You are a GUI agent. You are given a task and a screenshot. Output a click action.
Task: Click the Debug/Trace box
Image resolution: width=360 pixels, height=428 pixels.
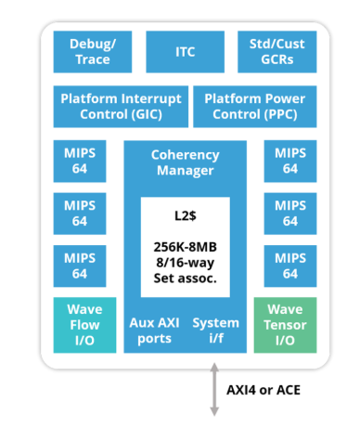click(x=93, y=52)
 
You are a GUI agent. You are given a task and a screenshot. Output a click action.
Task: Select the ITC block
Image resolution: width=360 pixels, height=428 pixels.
click(x=185, y=52)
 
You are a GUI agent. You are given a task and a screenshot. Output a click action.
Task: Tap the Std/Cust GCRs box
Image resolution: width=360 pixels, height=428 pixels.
click(x=276, y=52)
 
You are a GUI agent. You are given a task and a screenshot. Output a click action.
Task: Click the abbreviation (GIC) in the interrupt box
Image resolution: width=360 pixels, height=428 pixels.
click(x=147, y=114)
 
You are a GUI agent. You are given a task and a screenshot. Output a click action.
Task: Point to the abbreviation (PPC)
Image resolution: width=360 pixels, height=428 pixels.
click(x=280, y=114)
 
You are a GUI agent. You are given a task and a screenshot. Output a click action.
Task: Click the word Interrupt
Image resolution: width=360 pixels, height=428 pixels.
click(x=151, y=99)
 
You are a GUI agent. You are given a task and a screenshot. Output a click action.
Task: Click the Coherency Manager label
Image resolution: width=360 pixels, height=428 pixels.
click(x=185, y=162)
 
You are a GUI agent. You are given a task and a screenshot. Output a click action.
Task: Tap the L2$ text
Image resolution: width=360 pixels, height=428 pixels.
click(x=186, y=215)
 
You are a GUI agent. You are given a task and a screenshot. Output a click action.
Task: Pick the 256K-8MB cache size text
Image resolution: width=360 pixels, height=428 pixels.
click(x=186, y=247)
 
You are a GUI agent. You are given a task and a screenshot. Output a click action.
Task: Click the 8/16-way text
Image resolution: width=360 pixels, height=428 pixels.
click(x=186, y=263)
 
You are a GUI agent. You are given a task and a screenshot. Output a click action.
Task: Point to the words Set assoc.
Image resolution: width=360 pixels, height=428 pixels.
click(x=186, y=279)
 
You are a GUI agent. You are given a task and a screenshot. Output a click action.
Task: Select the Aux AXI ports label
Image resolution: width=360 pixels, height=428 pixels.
click(x=154, y=331)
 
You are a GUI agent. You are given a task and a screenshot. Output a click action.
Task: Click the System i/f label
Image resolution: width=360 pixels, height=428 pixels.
click(x=216, y=331)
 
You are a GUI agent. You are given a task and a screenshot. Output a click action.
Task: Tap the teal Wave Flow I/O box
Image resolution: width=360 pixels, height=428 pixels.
click(x=84, y=325)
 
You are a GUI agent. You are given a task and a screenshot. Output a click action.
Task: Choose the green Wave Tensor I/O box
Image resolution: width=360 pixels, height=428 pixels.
click(x=285, y=325)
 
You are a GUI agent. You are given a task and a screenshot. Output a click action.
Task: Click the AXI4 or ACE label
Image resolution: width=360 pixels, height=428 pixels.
click(x=264, y=390)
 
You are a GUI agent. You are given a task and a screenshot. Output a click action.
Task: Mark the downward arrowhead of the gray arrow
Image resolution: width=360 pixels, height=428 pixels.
click(x=214, y=412)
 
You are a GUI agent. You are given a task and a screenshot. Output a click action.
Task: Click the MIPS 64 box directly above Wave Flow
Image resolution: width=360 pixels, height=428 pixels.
click(x=80, y=266)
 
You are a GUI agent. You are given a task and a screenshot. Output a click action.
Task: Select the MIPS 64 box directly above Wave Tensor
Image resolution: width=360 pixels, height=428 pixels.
click(x=290, y=266)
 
